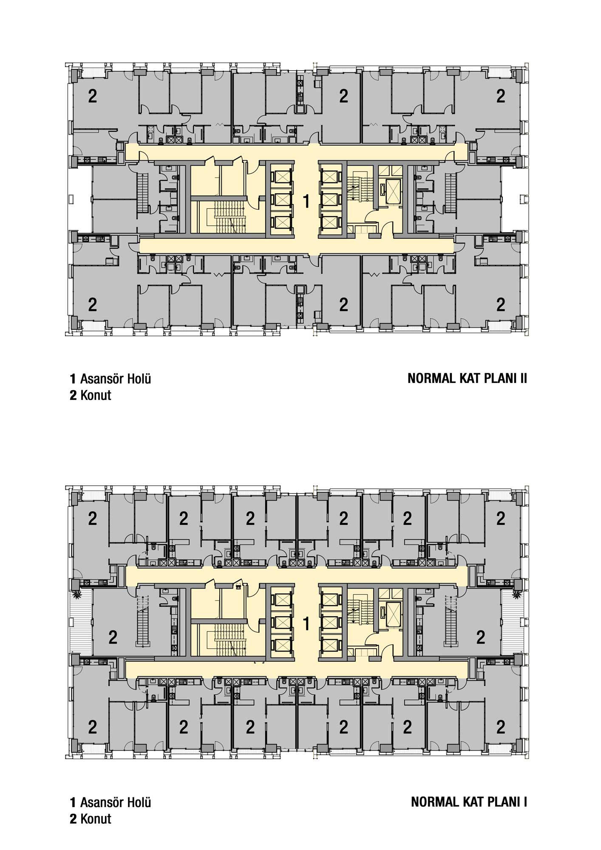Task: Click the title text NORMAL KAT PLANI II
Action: [467, 379]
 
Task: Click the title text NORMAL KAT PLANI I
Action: [469, 802]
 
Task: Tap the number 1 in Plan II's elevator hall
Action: [306, 201]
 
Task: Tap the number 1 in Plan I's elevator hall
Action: [306, 624]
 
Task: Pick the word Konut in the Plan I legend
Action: [96, 819]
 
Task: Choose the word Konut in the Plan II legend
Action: [96, 395]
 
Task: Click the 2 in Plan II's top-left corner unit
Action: [92, 96]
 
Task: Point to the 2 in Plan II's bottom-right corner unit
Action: [501, 304]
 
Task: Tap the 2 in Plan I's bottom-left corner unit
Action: [92, 727]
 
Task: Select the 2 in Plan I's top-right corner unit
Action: [501, 518]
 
